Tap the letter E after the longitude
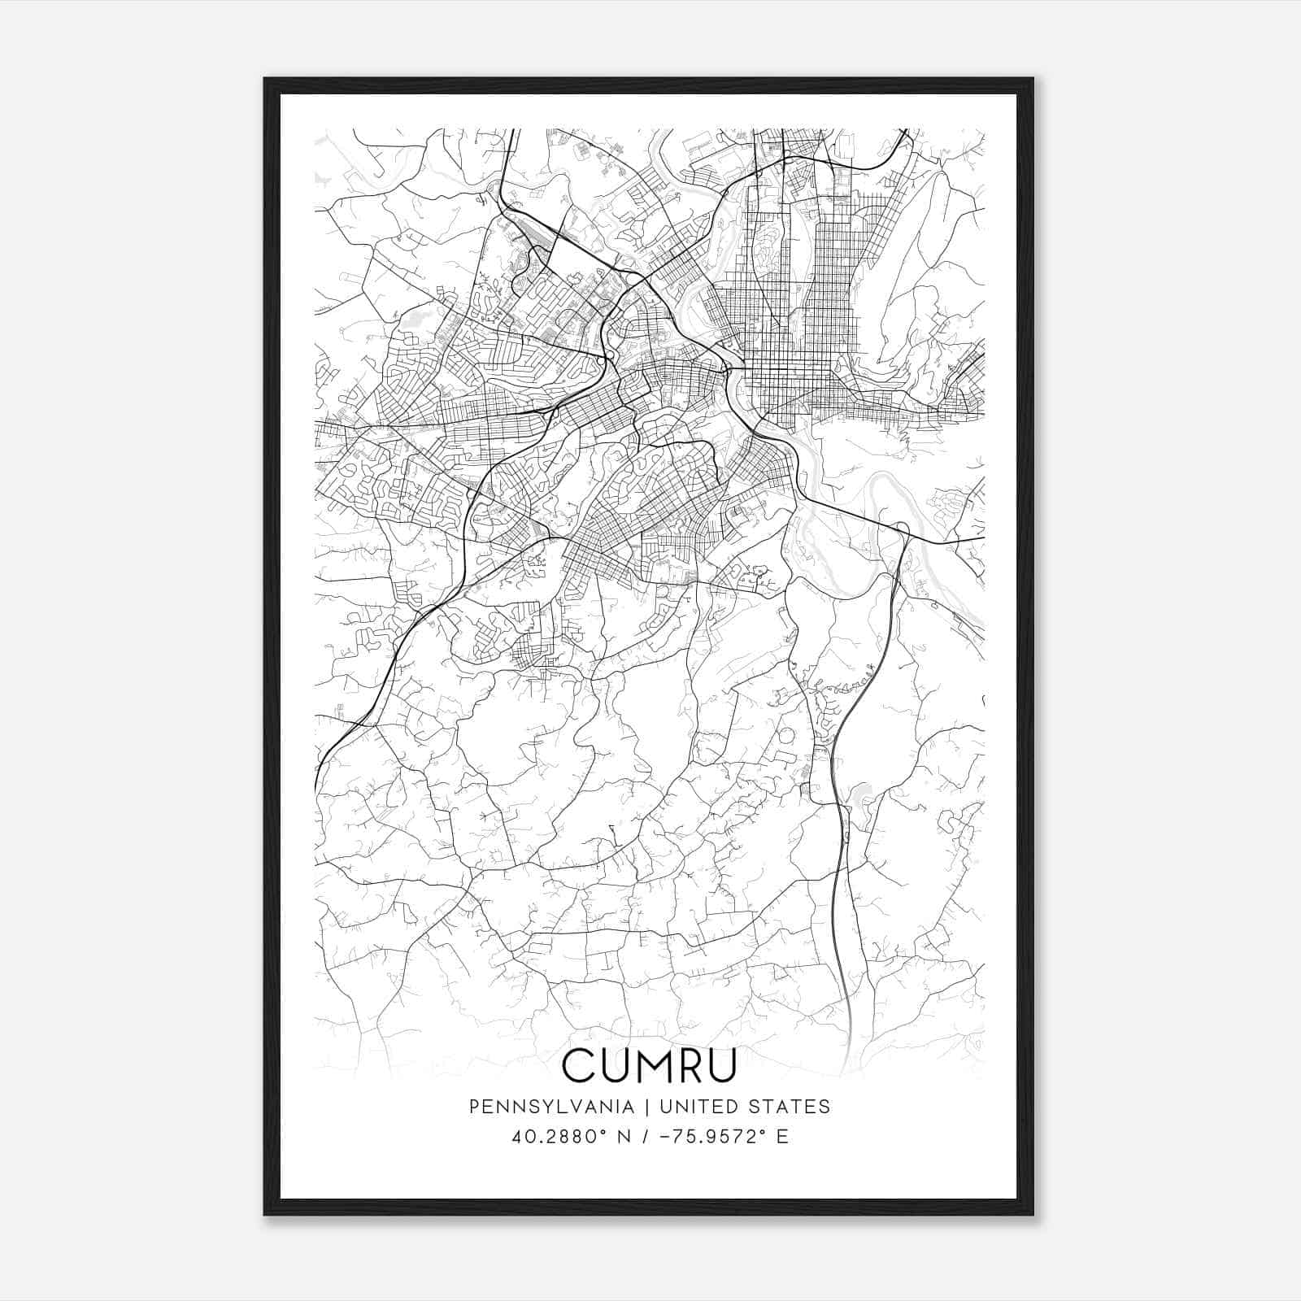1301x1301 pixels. pos(782,1137)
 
